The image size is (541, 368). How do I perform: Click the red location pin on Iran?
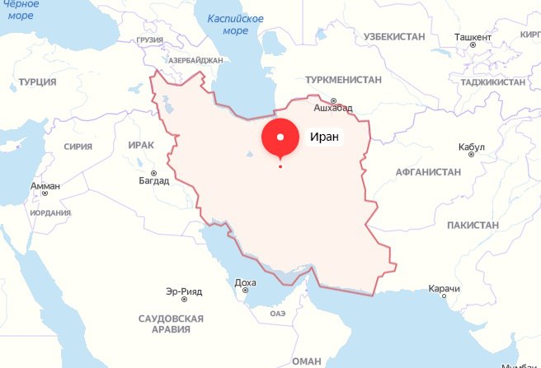tap(280, 138)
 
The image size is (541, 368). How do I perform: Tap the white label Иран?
tap(325, 137)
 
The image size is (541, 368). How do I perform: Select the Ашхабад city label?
tap(333, 108)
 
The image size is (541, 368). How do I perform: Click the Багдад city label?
tap(153, 180)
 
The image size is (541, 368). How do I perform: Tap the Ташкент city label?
tap(473, 37)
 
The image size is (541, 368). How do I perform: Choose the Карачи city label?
tap(445, 289)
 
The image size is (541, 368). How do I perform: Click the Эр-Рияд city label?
tap(184, 291)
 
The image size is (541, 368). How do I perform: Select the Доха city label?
tap(246, 282)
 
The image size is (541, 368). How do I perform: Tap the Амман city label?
tap(45, 187)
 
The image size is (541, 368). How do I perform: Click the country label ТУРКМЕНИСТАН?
tap(343, 80)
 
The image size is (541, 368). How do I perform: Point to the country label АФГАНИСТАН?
tap(428, 172)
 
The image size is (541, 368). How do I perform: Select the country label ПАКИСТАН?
tap(473, 225)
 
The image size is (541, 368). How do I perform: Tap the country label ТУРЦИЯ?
tap(37, 82)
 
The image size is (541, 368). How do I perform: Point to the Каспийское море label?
tap(236, 25)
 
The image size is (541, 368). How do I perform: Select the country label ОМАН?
tap(306, 361)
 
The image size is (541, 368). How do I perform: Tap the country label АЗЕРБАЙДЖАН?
tap(195, 61)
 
